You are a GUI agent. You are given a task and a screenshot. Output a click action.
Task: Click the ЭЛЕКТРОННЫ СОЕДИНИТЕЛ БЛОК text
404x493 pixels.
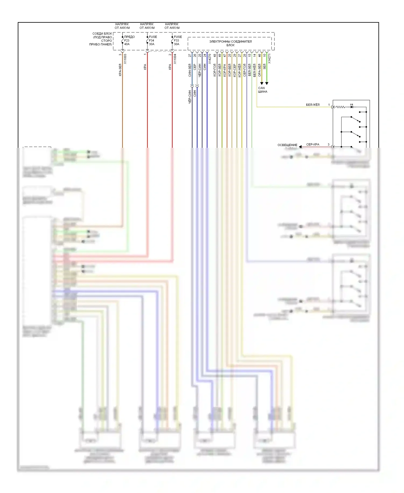(230, 43)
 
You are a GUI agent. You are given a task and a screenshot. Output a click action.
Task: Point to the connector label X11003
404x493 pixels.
(125, 59)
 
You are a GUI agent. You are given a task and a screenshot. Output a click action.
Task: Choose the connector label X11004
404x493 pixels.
(175, 59)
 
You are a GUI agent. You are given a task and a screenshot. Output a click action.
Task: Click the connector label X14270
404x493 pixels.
(210, 59)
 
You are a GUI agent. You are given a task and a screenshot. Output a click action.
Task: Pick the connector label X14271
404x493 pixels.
(269, 59)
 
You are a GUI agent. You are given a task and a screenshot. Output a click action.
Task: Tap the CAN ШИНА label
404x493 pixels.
(262, 90)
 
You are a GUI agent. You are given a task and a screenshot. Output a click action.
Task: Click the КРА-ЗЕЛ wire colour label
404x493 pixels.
(120, 70)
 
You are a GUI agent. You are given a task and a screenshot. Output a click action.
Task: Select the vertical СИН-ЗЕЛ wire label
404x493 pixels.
(190, 70)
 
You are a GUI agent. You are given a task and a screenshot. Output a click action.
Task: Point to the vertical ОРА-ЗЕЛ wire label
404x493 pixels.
(259, 70)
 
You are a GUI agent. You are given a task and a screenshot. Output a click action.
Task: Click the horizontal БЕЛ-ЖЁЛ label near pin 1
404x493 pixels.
(312, 105)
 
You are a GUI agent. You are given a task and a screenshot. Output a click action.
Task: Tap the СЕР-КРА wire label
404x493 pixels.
(312, 145)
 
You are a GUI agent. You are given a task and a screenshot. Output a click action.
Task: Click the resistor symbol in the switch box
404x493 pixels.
(340, 107)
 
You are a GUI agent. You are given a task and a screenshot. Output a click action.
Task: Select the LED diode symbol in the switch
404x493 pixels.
(351, 107)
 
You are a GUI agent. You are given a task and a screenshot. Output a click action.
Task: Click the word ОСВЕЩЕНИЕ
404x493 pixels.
(287, 145)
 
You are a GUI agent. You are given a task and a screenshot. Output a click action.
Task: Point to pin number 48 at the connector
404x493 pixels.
(215, 56)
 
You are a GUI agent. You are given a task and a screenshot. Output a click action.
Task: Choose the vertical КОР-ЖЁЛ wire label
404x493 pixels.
(239, 70)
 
